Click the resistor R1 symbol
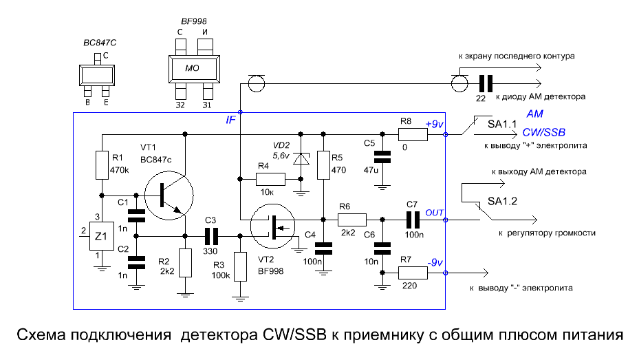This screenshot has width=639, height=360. point(102,165)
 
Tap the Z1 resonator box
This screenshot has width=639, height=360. point(101,236)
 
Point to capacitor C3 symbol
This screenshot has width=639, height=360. point(211,236)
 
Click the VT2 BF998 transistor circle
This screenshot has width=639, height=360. point(272,226)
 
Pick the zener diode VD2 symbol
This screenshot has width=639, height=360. point(301,158)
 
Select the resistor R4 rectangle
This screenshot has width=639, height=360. point(270,179)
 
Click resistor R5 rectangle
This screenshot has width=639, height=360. point(323,165)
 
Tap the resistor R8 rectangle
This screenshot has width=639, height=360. point(413,134)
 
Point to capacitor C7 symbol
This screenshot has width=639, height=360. point(413,220)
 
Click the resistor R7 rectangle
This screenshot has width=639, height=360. point(413,273)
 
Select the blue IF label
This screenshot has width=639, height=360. point(230,120)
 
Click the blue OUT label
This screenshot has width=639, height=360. point(435,213)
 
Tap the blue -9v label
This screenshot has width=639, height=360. point(435,262)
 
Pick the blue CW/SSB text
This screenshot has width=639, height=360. point(543,132)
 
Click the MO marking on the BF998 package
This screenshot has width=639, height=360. point(192,68)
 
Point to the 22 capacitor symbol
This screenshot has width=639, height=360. point(486,83)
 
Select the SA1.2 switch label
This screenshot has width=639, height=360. point(502,201)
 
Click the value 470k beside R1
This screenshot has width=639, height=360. point(119,170)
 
